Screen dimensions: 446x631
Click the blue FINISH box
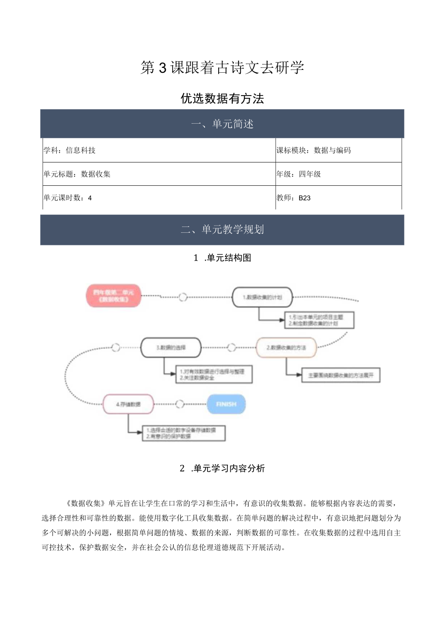tap(226, 404)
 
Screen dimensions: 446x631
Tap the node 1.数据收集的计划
tap(262, 297)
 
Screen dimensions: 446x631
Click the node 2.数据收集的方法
tap(286, 347)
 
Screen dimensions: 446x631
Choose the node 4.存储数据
tap(128, 404)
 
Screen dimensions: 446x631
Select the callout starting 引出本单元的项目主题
tap(318, 320)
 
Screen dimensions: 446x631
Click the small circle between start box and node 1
tap(183, 297)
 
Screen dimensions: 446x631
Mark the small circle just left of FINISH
tap(180, 404)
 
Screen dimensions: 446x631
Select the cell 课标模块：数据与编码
tap(338, 150)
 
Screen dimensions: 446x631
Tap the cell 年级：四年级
tap(338, 174)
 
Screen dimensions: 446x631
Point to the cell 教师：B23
tap(338, 197)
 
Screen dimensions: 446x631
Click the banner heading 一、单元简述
tap(222, 124)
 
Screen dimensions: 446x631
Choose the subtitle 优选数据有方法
tap(222, 98)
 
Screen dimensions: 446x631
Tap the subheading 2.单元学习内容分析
tap(222, 468)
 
